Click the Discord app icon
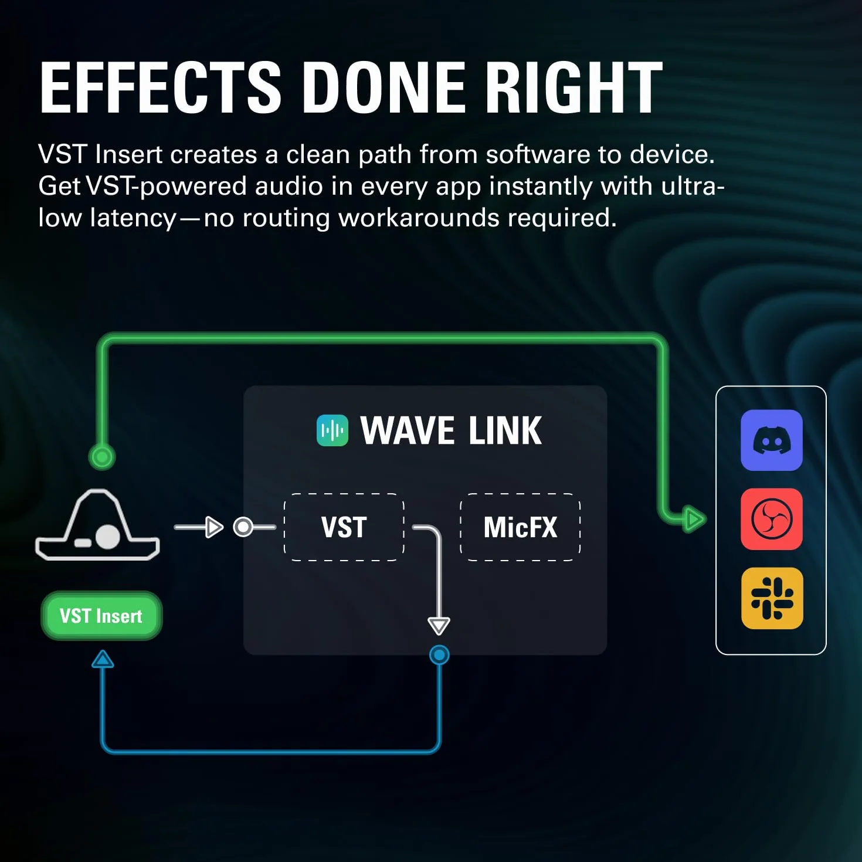tap(772, 440)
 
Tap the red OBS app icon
tap(772, 519)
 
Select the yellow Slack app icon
tap(772, 598)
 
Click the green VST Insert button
tap(101, 616)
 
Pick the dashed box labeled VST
tap(344, 527)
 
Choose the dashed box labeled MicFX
tap(520, 527)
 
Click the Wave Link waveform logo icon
tap(332, 430)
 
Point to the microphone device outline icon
tap(97, 525)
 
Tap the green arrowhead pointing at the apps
tap(695, 519)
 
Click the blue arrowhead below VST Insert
tap(103, 659)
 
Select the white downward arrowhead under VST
tap(439, 626)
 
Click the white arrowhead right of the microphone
tap(214, 527)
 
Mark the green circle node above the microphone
tap(102, 457)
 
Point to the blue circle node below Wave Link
tap(439, 655)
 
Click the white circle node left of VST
tap(243, 527)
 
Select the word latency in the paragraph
tap(133, 219)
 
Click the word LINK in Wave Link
tap(505, 430)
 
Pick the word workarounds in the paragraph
tap(419, 218)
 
